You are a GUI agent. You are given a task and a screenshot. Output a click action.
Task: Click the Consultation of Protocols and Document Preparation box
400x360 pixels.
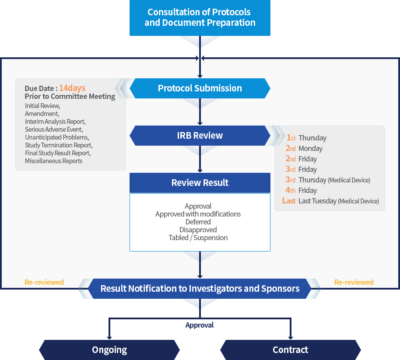[200, 17]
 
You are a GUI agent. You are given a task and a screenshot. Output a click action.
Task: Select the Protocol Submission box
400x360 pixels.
[200, 88]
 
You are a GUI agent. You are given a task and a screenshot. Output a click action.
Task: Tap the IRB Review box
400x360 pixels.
[200, 136]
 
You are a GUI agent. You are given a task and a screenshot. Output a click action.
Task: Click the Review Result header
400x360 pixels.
[200, 183]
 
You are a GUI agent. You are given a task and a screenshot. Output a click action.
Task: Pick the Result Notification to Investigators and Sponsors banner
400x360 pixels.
[200, 289]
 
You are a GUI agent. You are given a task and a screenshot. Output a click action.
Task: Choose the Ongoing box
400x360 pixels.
[109, 350]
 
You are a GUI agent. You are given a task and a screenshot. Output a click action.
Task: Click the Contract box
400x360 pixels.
[290, 350]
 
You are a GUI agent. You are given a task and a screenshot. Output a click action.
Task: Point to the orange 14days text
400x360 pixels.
[72, 88]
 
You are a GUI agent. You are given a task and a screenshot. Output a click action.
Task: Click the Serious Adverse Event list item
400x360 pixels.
[54, 129]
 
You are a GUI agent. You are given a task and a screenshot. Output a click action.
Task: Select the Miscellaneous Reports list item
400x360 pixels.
[53, 161]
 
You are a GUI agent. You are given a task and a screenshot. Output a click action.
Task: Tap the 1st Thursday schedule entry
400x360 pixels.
[306, 138]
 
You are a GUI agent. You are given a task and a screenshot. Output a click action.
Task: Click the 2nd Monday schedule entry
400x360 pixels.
[304, 149]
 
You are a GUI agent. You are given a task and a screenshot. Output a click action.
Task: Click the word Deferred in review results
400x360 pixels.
[198, 222]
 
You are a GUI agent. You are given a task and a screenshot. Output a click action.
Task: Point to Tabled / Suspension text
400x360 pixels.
[198, 238]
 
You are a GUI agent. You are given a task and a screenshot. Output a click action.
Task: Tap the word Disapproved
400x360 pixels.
[198, 230]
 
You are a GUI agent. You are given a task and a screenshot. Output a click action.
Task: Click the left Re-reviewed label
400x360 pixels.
[44, 283]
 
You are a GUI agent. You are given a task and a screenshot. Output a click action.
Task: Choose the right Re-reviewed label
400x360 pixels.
[354, 283]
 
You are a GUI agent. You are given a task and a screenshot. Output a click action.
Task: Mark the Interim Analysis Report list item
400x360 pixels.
[55, 122]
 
